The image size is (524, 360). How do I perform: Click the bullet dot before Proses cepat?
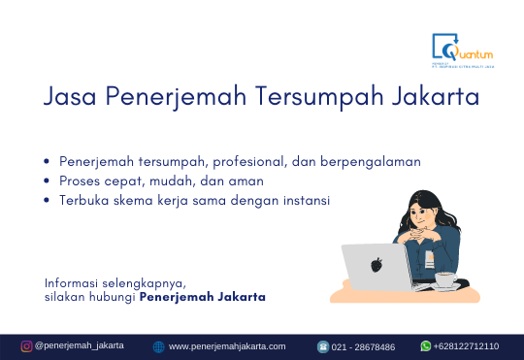pos(48,180)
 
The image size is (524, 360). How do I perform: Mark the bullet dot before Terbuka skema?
pos(48,200)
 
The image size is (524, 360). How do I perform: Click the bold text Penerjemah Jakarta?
pos(203,296)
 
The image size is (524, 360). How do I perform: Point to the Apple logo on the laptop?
pos(377,264)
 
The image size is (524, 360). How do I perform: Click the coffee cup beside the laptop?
pos(444,279)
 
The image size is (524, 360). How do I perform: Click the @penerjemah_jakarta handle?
pos(80,345)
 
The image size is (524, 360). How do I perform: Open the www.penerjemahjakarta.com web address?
pos(227,346)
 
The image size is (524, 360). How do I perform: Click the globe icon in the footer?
pos(159,346)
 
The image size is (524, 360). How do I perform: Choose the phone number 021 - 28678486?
pos(363,346)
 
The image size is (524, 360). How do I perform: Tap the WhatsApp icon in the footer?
pos(425,345)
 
